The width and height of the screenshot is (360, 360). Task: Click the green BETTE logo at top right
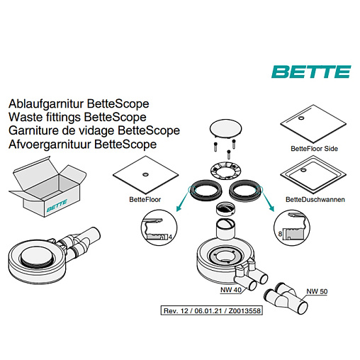click(x=311, y=72)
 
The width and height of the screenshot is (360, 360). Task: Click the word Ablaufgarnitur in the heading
click(x=46, y=104)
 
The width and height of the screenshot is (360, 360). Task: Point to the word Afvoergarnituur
click(x=50, y=145)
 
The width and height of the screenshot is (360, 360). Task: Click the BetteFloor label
click(x=145, y=200)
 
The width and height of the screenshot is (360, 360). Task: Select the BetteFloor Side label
click(x=314, y=149)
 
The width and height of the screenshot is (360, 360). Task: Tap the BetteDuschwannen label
click(x=315, y=200)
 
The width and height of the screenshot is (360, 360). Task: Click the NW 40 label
click(x=231, y=290)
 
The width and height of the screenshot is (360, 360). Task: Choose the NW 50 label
click(x=317, y=291)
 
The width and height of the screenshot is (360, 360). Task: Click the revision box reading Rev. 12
click(x=212, y=310)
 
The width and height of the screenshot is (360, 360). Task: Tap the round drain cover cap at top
click(x=225, y=128)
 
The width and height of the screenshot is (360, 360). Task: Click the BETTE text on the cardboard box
click(x=57, y=206)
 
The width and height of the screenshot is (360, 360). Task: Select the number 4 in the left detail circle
click(x=170, y=237)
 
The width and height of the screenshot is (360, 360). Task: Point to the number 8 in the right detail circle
click(x=280, y=234)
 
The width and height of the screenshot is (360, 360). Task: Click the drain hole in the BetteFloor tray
click(x=145, y=174)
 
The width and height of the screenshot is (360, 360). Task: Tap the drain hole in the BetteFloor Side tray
click(x=301, y=118)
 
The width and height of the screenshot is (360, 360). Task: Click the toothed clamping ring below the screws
click(x=225, y=171)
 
